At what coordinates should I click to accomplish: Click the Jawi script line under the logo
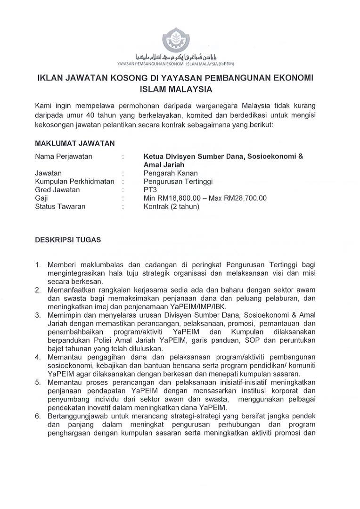click(180, 55)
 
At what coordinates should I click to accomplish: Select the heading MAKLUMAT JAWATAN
click(74, 143)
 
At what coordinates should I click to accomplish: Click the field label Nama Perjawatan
click(64, 156)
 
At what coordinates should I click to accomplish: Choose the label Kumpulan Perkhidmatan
click(75, 181)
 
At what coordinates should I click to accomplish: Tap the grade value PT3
click(150, 189)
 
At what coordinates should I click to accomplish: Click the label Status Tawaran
click(60, 206)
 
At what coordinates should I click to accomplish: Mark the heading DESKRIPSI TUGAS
click(68, 239)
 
